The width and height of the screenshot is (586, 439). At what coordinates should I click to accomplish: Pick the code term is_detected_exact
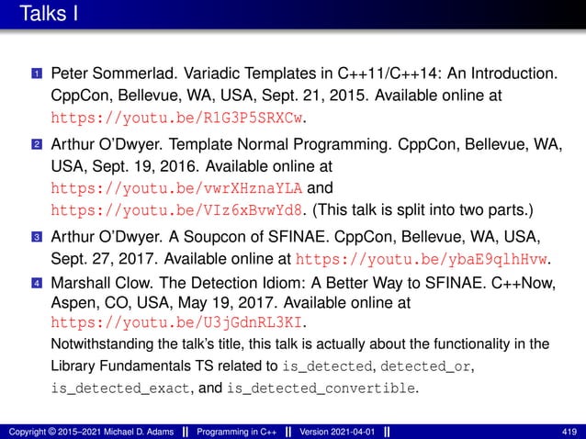(119, 388)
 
